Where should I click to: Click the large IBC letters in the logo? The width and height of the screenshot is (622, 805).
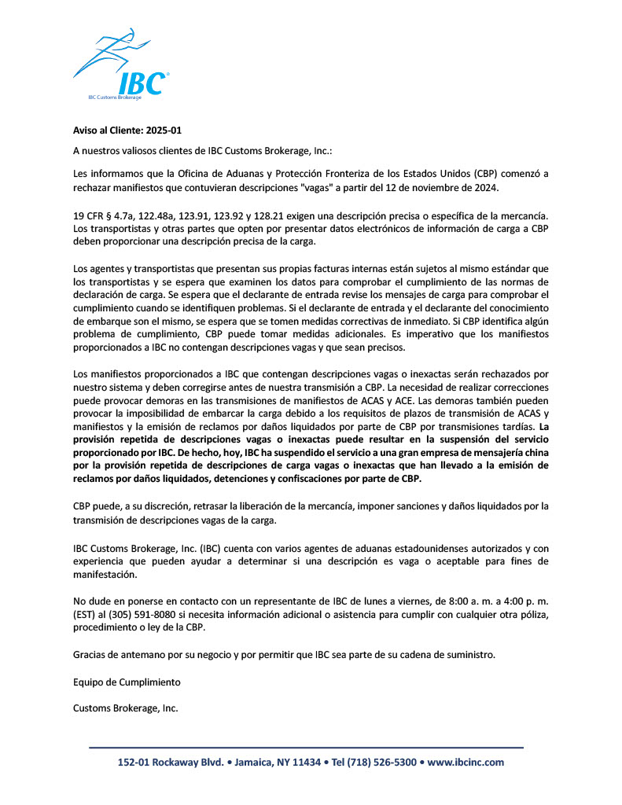tap(142, 83)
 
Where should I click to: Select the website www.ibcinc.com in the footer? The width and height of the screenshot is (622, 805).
tap(466, 763)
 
